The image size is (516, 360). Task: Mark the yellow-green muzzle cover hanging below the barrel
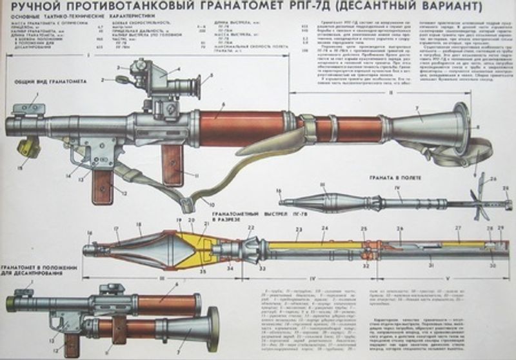click(26, 148)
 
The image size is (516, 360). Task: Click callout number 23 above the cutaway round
click(299, 230)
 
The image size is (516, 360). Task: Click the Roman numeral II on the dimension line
click(382, 92)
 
